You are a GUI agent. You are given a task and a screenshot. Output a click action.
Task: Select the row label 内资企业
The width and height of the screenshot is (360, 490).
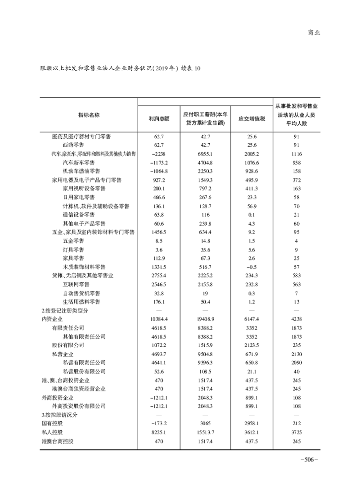click(x=50, y=319)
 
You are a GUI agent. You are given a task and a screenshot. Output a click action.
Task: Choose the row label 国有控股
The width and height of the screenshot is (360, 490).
click(x=50, y=424)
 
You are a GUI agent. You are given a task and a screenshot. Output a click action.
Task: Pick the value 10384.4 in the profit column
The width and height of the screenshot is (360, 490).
click(x=160, y=319)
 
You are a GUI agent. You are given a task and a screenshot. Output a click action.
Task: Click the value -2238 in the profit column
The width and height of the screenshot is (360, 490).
click(x=160, y=154)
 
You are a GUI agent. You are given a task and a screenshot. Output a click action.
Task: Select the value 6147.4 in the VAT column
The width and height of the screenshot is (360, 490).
click(x=252, y=319)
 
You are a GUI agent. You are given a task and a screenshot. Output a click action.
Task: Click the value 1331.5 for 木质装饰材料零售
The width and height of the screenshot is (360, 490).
click(x=160, y=267)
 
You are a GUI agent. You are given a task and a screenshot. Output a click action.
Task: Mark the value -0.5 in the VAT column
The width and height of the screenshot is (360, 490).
click(x=252, y=267)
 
